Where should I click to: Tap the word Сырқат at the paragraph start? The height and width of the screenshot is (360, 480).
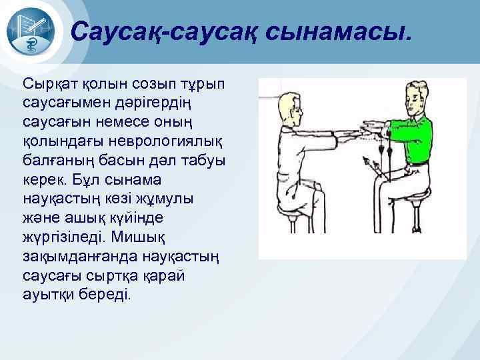click(51, 85)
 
